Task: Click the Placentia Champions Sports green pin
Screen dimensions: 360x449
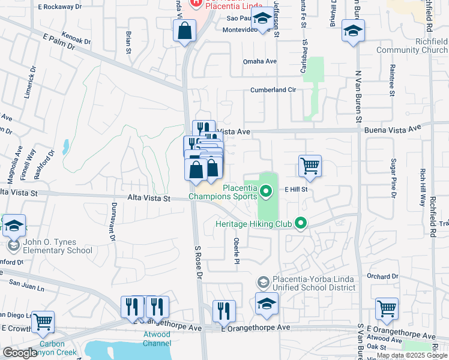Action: pos(268,192)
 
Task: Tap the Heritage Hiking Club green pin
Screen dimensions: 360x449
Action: pos(301,224)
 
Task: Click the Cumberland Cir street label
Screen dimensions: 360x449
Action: pos(274,90)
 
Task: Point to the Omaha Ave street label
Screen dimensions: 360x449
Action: pos(259,61)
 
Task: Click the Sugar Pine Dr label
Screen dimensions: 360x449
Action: pos(394,178)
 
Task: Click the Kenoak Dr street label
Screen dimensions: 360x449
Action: pos(76,42)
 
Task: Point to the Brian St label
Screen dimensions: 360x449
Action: pos(128,43)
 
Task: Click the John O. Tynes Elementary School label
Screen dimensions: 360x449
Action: pos(58,247)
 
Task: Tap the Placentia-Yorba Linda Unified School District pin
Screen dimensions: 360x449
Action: pos(263,282)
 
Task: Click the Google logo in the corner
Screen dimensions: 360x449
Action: pos(20,353)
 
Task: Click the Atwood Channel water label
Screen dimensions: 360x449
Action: pos(157,339)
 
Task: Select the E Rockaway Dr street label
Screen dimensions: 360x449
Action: pos(59,7)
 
